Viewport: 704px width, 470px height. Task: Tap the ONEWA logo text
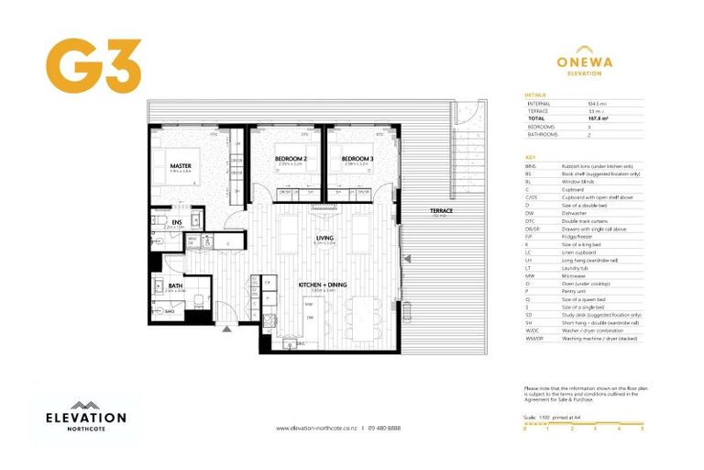585,62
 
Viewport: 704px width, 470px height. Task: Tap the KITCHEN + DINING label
324,285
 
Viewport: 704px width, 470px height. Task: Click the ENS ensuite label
176,221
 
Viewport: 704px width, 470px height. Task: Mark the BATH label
174,285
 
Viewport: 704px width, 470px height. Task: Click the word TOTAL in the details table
537,117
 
